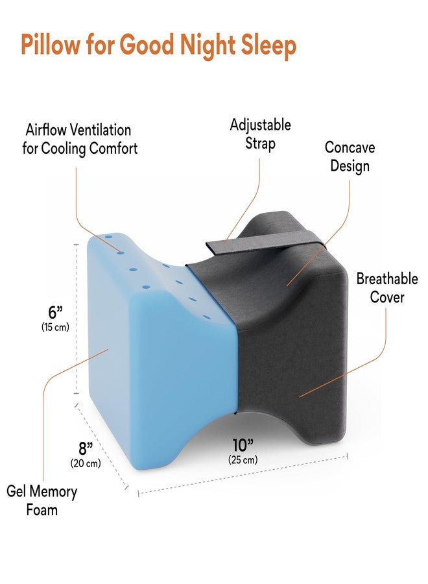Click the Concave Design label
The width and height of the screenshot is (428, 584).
(350, 156)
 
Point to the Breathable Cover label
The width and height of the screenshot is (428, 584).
(387, 288)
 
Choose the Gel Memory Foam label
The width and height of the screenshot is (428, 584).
(42, 500)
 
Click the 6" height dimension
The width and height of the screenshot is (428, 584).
(55, 311)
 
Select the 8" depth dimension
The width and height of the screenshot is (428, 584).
(85, 448)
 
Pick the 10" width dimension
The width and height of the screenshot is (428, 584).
(243, 444)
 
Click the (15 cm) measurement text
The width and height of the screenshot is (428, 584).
(55, 327)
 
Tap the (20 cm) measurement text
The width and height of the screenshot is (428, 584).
(86, 463)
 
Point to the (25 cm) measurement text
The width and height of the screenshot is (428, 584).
(243, 460)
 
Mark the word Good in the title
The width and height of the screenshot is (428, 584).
(147, 44)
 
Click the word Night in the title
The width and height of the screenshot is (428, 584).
(208, 45)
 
